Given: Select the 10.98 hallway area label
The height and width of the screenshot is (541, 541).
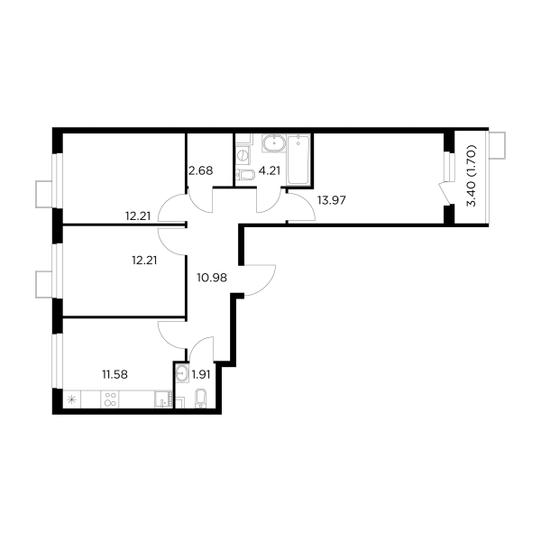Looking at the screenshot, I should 211,278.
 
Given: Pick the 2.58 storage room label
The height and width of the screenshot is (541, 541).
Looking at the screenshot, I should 199,169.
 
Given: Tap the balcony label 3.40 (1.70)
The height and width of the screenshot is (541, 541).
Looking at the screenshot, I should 470,180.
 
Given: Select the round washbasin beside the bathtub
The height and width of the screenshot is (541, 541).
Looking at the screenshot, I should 271,142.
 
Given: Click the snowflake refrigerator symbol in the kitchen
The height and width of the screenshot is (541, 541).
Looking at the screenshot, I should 72,399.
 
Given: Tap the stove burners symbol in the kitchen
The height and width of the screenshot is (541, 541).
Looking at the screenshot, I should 111,400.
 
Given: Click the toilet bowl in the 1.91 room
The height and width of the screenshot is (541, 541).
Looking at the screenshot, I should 201,398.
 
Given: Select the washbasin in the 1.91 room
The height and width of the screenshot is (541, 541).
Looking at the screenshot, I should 182,371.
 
